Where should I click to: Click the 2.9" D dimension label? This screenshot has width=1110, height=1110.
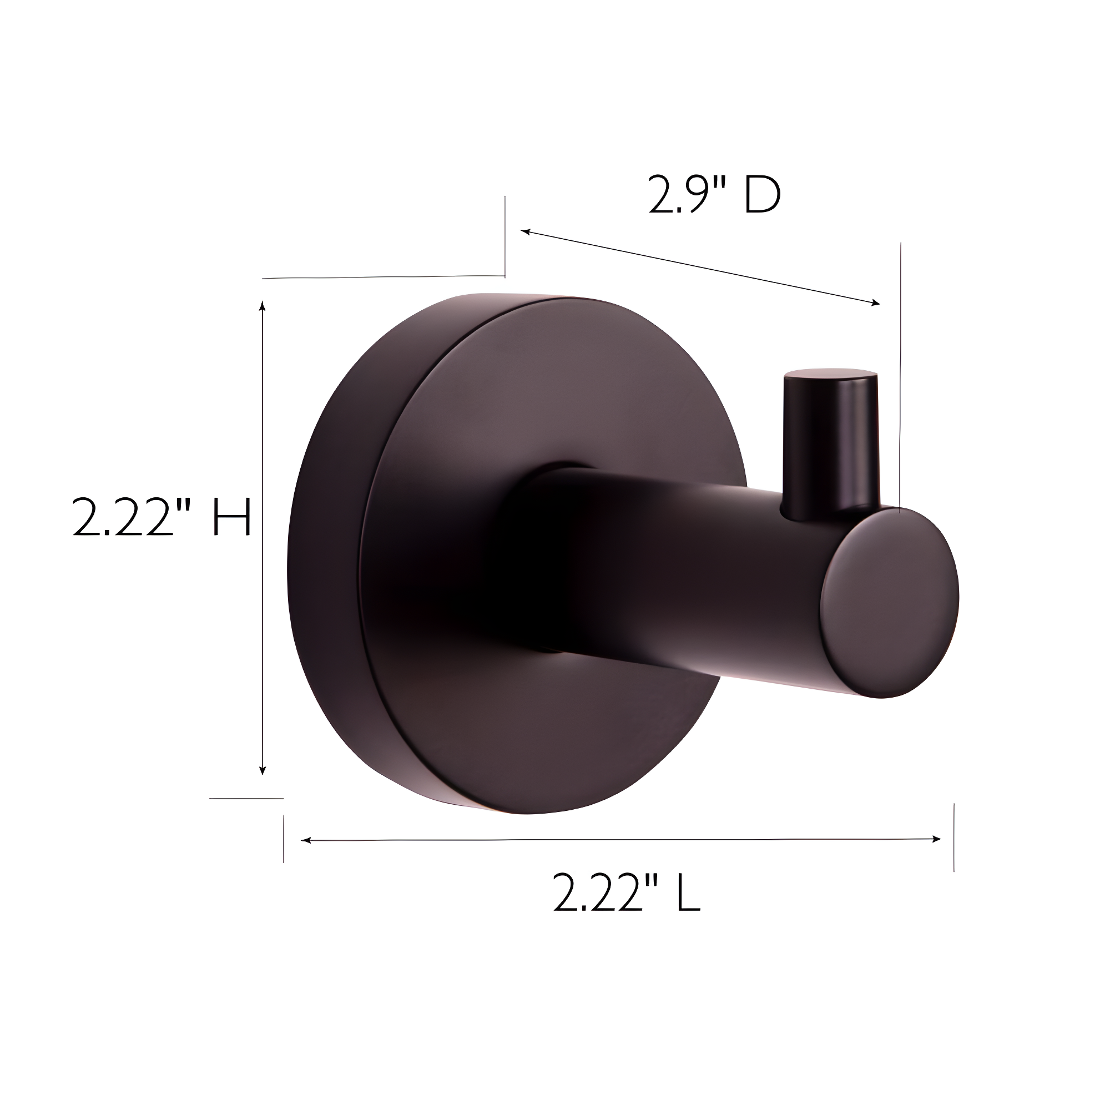(715, 194)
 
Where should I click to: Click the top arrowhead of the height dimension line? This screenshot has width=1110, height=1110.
(263, 306)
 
